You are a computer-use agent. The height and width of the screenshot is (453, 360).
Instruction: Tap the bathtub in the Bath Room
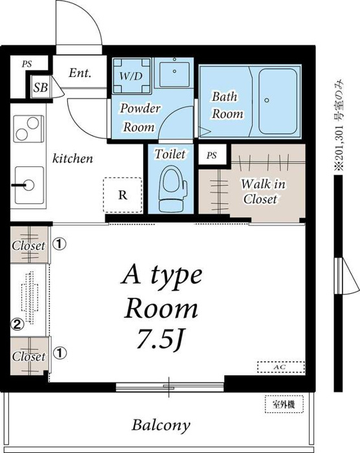[278, 102]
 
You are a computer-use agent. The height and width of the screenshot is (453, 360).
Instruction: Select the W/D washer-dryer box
[131, 76]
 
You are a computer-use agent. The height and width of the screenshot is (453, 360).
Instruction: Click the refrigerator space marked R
[123, 195]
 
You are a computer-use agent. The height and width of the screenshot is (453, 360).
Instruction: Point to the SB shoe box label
[40, 87]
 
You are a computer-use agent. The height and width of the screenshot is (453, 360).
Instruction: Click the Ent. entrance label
[80, 72]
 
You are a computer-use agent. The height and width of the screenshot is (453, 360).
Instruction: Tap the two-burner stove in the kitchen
[28, 129]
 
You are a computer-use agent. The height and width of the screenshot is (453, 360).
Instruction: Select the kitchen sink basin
[29, 185]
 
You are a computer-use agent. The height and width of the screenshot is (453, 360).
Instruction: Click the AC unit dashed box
[281, 367]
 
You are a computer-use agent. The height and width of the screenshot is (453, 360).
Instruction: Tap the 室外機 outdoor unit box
[284, 404]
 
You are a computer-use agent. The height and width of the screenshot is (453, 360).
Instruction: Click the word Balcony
[161, 425]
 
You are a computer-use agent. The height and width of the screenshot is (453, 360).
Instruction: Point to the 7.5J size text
[160, 338]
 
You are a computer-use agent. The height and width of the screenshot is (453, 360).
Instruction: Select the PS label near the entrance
[27, 64]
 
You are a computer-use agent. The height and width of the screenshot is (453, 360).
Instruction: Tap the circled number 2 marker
[17, 324]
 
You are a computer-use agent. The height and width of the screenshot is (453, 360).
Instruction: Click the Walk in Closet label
[263, 192]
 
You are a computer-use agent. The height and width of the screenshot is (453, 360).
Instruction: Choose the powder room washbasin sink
[174, 73]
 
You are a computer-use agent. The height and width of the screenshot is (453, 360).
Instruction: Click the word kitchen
[73, 159]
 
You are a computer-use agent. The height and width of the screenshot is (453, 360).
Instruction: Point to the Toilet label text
[170, 154]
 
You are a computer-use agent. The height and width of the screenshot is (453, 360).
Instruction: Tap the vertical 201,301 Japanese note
[339, 125]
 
